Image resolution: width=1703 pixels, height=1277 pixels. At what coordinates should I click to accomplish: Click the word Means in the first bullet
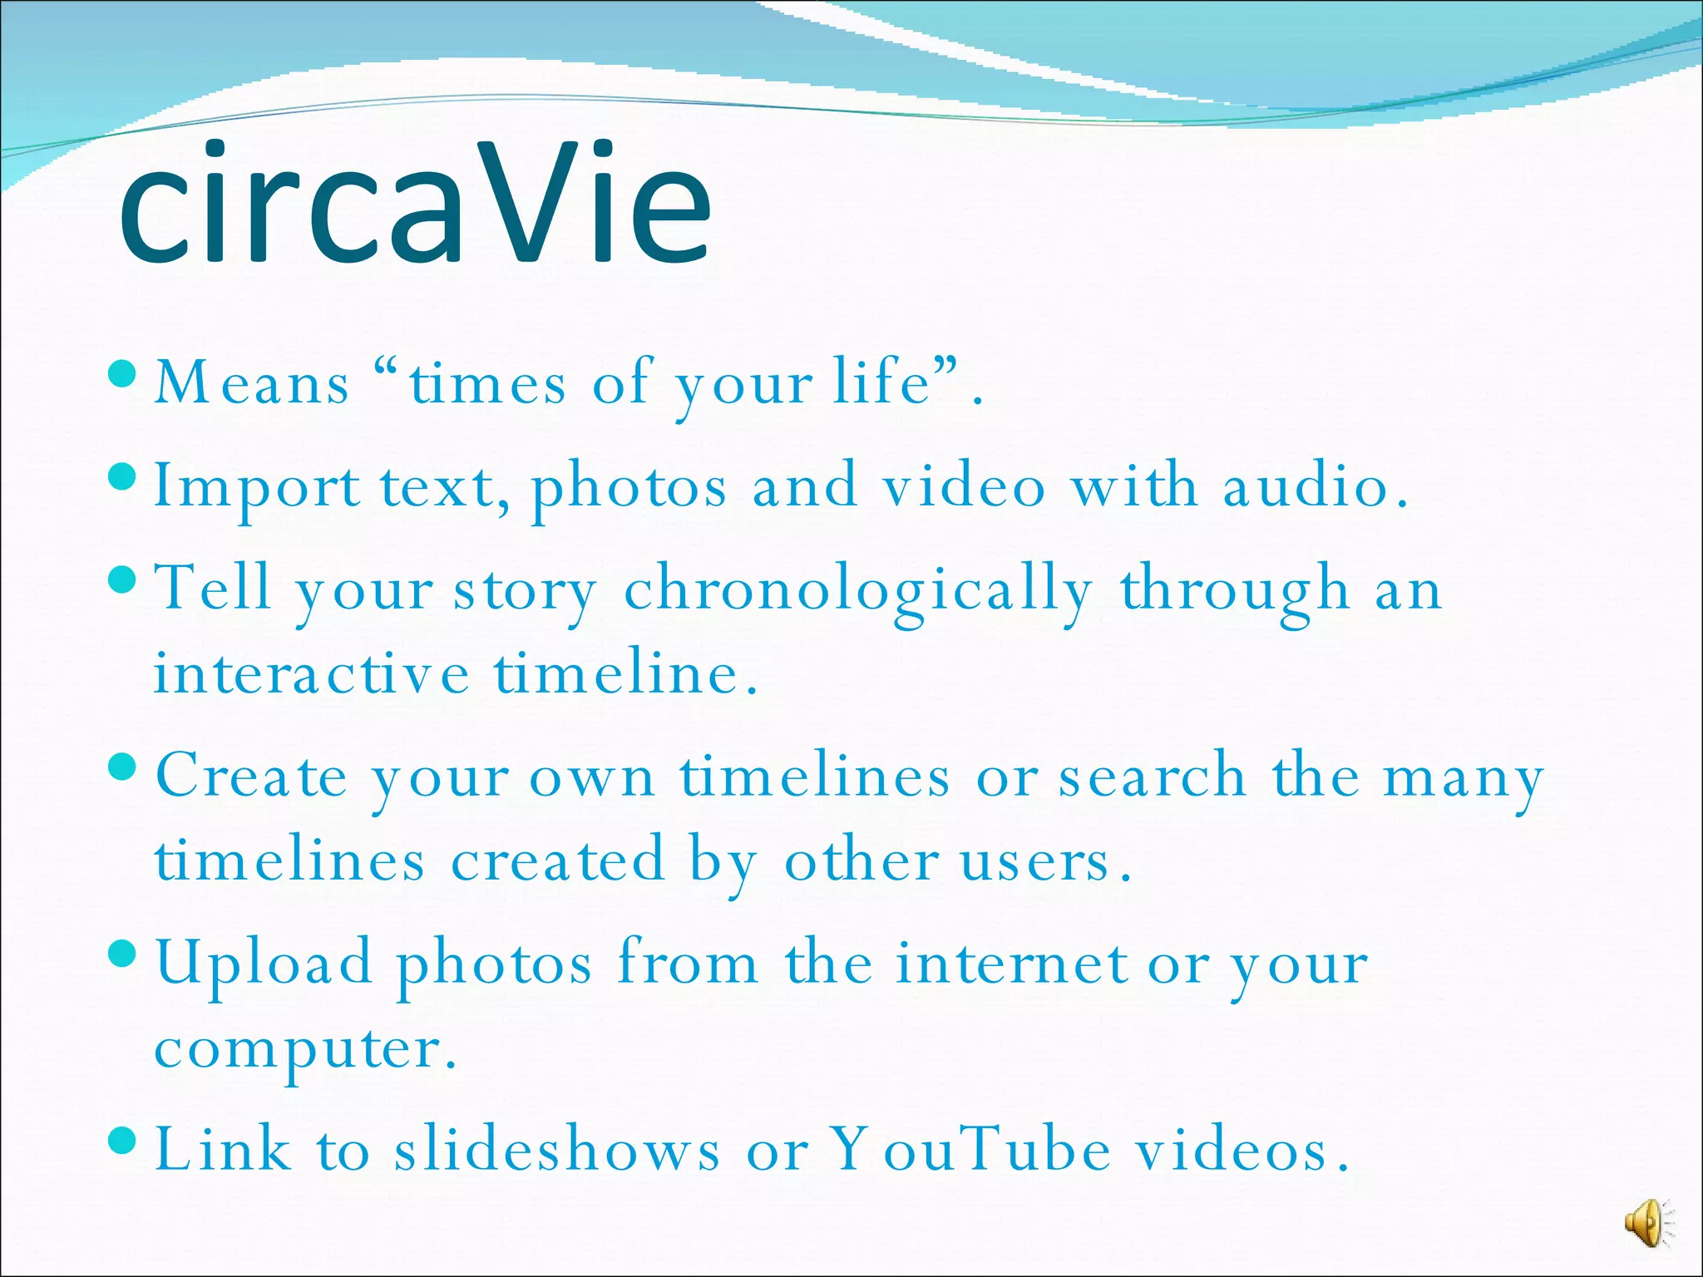click(252, 383)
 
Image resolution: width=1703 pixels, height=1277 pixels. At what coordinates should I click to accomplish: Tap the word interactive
click(311, 673)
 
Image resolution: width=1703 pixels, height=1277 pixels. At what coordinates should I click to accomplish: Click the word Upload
click(264, 964)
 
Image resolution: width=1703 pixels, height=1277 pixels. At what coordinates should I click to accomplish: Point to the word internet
click(1011, 964)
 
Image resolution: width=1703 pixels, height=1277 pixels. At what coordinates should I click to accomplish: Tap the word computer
click(304, 1051)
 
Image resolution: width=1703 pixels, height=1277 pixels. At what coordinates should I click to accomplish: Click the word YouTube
click(971, 1150)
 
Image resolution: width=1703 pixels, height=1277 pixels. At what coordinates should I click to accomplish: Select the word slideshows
click(557, 1150)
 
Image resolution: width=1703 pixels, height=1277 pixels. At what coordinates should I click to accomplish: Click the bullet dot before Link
click(122, 1137)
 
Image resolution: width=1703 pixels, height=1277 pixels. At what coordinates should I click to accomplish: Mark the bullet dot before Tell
click(122, 579)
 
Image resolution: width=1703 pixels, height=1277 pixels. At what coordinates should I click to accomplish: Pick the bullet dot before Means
click(122, 372)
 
